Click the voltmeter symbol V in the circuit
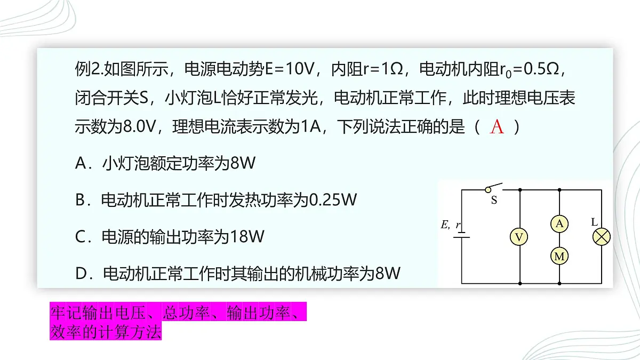(519, 237)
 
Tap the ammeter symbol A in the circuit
(559, 223)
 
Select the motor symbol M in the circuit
(559, 256)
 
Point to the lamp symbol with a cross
(602, 237)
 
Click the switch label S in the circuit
(494, 201)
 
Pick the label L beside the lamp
(594, 222)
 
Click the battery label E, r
(451, 225)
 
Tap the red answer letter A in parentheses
(497, 126)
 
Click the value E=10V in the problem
(290, 69)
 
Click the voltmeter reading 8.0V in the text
(139, 126)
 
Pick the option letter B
(81, 199)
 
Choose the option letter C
(80, 237)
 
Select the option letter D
(81, 274)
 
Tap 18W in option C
(247, 237)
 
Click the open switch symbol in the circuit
(494, 187)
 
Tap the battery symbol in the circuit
(461, 234)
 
